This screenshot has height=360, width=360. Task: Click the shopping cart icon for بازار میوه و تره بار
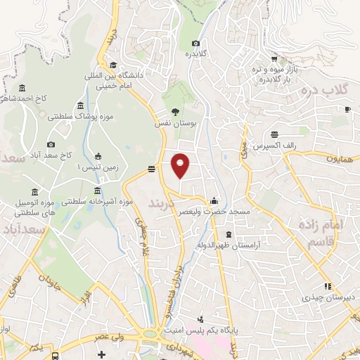click(274, 58)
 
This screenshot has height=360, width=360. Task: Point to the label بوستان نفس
click(176, 123)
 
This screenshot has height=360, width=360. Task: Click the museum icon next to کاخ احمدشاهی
click(22, 88)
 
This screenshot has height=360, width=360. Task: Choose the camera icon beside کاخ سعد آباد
click(51, 145)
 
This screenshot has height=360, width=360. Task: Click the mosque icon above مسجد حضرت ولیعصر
click(213, 199)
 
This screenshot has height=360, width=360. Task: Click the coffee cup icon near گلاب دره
click(347, 109)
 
